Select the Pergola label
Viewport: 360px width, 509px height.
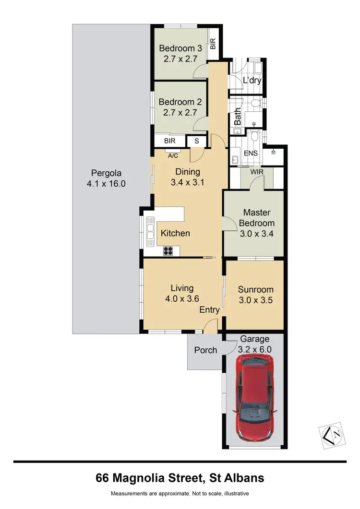pos(106,173)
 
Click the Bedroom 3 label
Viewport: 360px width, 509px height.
pos(180,48)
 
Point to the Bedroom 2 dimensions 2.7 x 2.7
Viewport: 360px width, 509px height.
pos(180,113)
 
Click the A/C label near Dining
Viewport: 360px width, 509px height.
pos(173,156)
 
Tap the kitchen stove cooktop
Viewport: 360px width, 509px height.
pos(168,250)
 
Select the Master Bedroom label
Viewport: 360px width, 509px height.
pos(257,217)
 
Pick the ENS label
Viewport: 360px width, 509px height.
pos(251,154)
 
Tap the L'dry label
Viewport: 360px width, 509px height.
pos(252,80)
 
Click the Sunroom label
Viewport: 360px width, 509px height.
pos(256,289)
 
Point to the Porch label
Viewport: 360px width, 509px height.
pos(205,350)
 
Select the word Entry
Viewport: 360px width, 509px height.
pos(210,310)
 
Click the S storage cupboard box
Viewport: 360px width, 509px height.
pos(196,141)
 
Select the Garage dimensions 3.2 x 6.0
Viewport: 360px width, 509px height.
pos(255,349)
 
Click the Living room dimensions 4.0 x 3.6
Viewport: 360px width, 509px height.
pos(182,298)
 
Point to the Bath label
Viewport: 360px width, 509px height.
pos(238,117)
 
